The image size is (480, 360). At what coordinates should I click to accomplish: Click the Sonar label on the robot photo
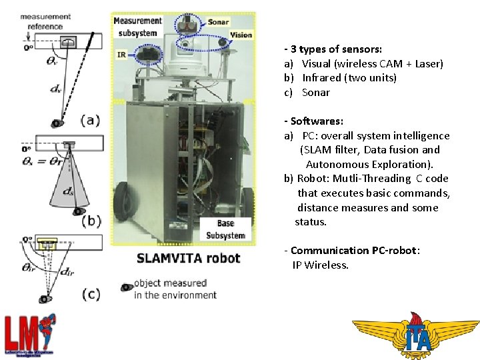(x=218, y=22)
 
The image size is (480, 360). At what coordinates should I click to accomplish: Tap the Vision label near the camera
(x=240, y=35)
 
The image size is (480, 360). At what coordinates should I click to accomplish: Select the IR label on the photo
(x=121, y=55)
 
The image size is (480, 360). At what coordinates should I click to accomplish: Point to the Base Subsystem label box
(x=225, y=229)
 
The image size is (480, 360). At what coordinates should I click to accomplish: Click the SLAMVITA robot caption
(x=188, y=258)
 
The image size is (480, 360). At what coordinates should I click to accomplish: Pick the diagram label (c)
(x=90, y=294)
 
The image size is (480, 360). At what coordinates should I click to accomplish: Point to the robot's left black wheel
(x=123, y=201)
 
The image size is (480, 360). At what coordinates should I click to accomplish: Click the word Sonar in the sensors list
(x=315, y=93)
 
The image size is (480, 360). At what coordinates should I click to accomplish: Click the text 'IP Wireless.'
(x=320, y=265)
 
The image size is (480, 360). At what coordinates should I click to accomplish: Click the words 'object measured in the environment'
(x=175, y=289)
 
